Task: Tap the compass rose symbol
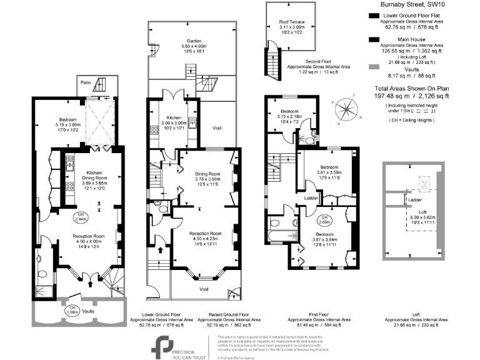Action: pos(344,110)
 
